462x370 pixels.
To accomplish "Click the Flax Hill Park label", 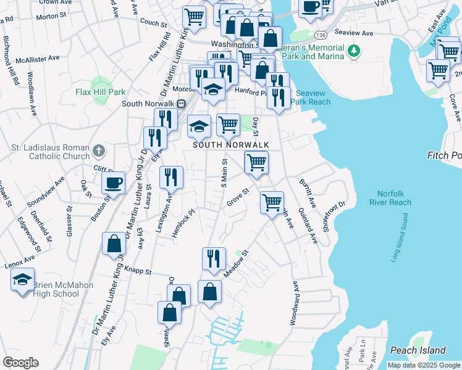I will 100,92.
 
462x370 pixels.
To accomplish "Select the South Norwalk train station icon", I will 182,104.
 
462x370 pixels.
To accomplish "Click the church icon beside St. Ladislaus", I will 99,150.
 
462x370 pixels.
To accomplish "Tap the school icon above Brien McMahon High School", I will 23,280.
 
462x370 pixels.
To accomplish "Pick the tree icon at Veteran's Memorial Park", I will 353,49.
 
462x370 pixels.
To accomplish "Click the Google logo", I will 20,363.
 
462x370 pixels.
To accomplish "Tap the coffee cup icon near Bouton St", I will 114,182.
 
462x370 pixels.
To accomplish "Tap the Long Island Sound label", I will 399,237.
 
